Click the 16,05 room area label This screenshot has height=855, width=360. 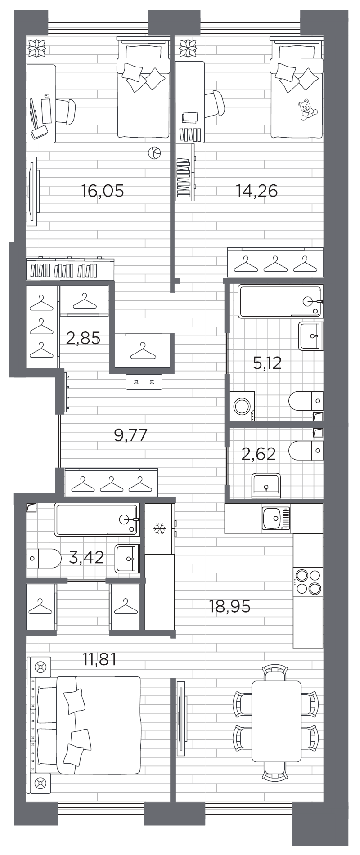click(x=103, y=191)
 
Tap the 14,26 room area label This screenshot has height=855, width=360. click(x=257, y=191)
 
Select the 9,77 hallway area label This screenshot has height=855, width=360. click(x=130, y=435)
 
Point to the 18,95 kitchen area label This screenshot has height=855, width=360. click(x=229, y=606)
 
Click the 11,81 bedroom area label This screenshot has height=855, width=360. click(x=99, y=660)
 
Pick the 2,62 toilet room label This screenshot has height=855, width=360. click(x=258, y=454)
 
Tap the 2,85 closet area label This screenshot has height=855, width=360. click(x=83, y=337)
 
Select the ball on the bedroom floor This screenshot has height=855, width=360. click(x=154, y=153)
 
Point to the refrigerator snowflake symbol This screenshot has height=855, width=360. click(x=159, y=529)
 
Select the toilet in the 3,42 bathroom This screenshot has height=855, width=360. click(x=44, y=558)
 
